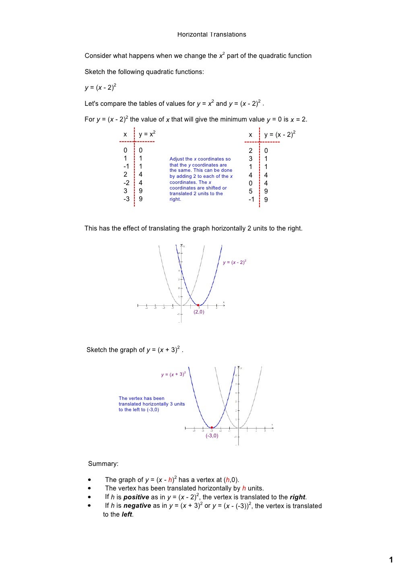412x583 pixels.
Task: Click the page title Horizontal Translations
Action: click(212, 35)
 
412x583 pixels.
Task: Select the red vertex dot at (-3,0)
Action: click(212, 428)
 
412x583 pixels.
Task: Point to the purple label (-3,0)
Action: click(212, 436)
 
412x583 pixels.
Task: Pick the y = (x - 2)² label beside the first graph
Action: click(235, 262)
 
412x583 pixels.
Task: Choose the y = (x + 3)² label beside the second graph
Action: click(173, 375)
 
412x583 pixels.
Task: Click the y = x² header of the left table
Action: click(147, 134)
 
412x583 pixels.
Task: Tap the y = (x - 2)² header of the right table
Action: click(280, 134)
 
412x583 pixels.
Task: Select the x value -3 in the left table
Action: click(126, 199)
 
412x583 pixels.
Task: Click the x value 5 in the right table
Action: click(251, 192)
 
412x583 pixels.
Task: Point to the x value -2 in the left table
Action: click(126, 183)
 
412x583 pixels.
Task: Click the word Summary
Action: click(103, 464)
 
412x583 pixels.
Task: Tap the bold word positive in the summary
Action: click(136, 497)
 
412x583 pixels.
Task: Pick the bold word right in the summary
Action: click(298, 497)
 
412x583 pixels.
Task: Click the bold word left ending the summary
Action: click(127, 515)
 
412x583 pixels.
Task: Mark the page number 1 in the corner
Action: click(391, 560)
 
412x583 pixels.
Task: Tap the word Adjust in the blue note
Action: click(177, 159)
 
